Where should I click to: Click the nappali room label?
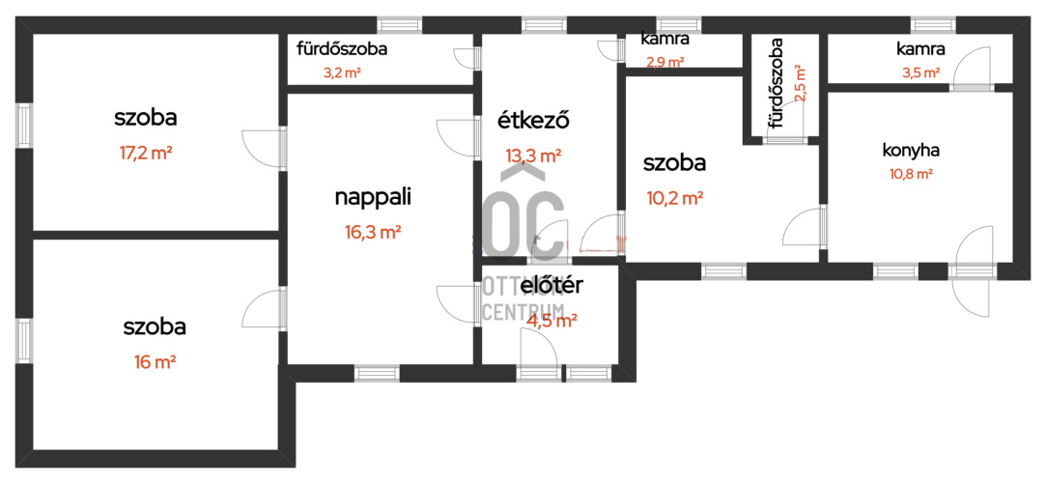point(372,197)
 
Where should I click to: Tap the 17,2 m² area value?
point(146,154)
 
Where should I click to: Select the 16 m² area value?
point(155,362)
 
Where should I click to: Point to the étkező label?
point(532,121)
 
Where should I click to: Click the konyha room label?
point(910,150)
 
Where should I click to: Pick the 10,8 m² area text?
point(910,175)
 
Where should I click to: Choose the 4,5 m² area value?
point(551,321)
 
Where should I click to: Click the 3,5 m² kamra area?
point(921,72)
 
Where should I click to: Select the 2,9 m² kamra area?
point(665,63)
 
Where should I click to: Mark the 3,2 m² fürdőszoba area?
point(342,72)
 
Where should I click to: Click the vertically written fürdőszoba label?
point(776,84)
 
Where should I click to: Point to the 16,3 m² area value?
point(372,232)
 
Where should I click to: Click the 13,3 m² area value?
point(532,156)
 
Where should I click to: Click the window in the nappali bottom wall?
point(377,373)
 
